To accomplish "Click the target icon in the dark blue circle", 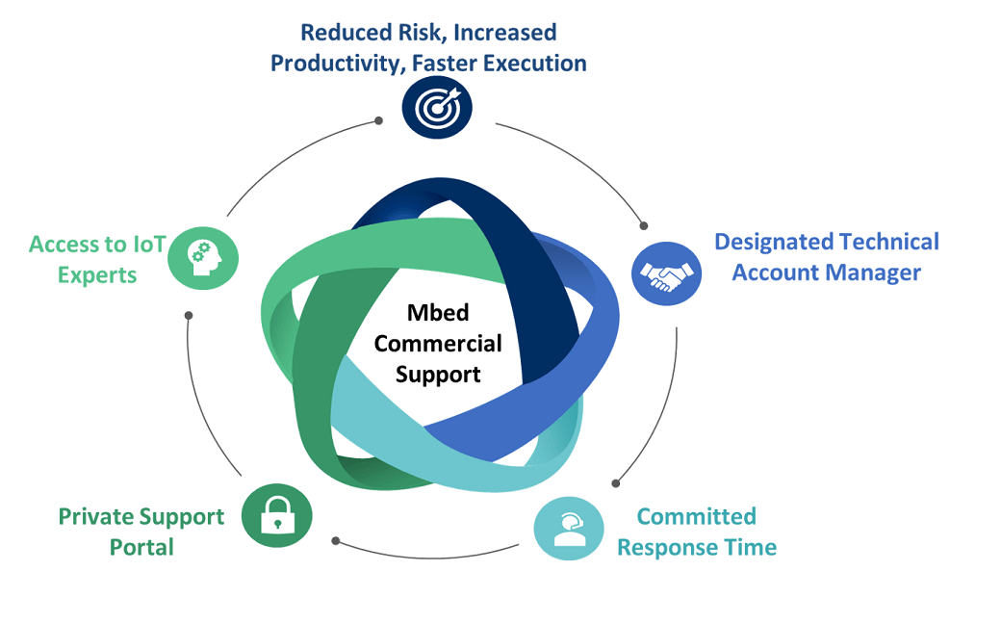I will pos(438,108).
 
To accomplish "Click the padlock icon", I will pos(276,517).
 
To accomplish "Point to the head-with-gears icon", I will pos(202,258).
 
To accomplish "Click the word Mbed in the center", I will pos(438,313).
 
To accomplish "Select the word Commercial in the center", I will pos(438,343).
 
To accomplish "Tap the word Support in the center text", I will pos(438,374).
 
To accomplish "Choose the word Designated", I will pos(772,241).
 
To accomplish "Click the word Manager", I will pos(870,273).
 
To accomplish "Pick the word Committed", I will pos(697,516).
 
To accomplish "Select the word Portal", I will pos(141,548).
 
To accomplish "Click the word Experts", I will pos(97,274).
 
